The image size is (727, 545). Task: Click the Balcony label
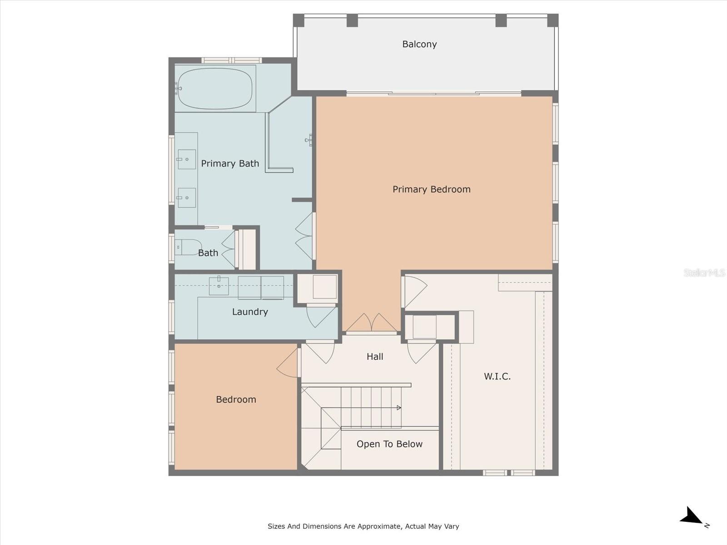(419, 45)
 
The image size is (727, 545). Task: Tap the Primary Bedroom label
(431, 189)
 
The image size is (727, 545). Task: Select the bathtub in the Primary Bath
(215, 89)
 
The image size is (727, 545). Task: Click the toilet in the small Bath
(188, 247)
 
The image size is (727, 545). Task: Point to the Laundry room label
(250, 312)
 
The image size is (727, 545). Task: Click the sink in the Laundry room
(219, 286)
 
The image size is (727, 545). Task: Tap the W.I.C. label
(497, 376)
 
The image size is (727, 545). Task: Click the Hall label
(375, 357)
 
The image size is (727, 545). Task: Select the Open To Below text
(389, 444)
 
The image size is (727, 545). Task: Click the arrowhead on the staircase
(399, 408)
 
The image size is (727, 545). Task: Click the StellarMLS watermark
(704, 272)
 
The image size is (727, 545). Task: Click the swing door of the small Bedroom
(288, 363)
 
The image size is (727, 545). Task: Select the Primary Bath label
(230, 163)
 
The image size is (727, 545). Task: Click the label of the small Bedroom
(236, 399)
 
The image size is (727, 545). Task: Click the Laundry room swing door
(321, 317)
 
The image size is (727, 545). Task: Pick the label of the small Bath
(208, 253)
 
